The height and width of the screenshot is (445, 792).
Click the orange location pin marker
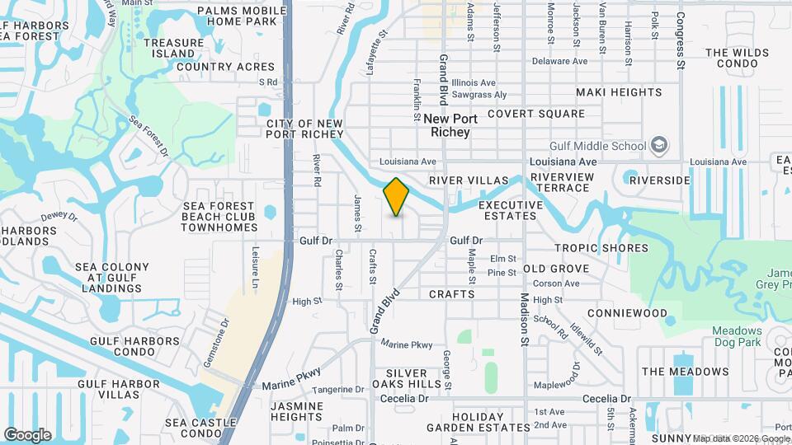396,196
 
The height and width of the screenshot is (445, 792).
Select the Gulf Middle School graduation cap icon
659,146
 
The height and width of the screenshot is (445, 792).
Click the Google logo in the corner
27,434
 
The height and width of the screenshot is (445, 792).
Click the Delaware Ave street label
559,61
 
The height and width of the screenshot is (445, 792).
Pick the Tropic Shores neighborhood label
601,248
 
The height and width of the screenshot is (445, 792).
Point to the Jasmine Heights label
296,411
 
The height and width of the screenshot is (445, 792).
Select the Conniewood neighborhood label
627,314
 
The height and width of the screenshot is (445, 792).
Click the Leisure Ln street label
254,262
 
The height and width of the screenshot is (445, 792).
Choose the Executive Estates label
511,210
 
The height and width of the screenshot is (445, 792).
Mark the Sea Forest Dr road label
148,137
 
